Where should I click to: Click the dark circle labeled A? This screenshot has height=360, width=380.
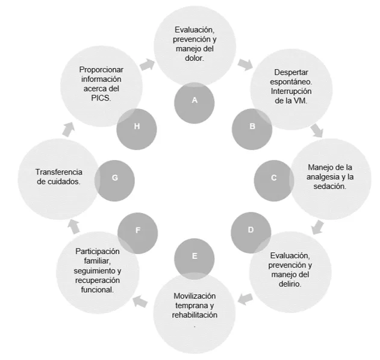point(195,101)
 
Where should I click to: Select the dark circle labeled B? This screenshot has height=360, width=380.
point(252,126)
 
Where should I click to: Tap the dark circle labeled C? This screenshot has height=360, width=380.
point(274,178)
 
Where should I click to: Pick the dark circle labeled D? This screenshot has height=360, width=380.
point(251,230)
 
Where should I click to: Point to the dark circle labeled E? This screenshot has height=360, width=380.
point(195,256)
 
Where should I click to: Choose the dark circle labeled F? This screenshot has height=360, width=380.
point(137,230)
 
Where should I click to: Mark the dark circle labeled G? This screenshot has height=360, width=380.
point(114,179)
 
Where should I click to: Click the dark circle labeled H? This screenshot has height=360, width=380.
point(137,126)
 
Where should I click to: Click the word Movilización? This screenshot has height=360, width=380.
point(195,296)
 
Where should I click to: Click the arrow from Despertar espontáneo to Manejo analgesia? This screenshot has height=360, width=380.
point(317,129)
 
